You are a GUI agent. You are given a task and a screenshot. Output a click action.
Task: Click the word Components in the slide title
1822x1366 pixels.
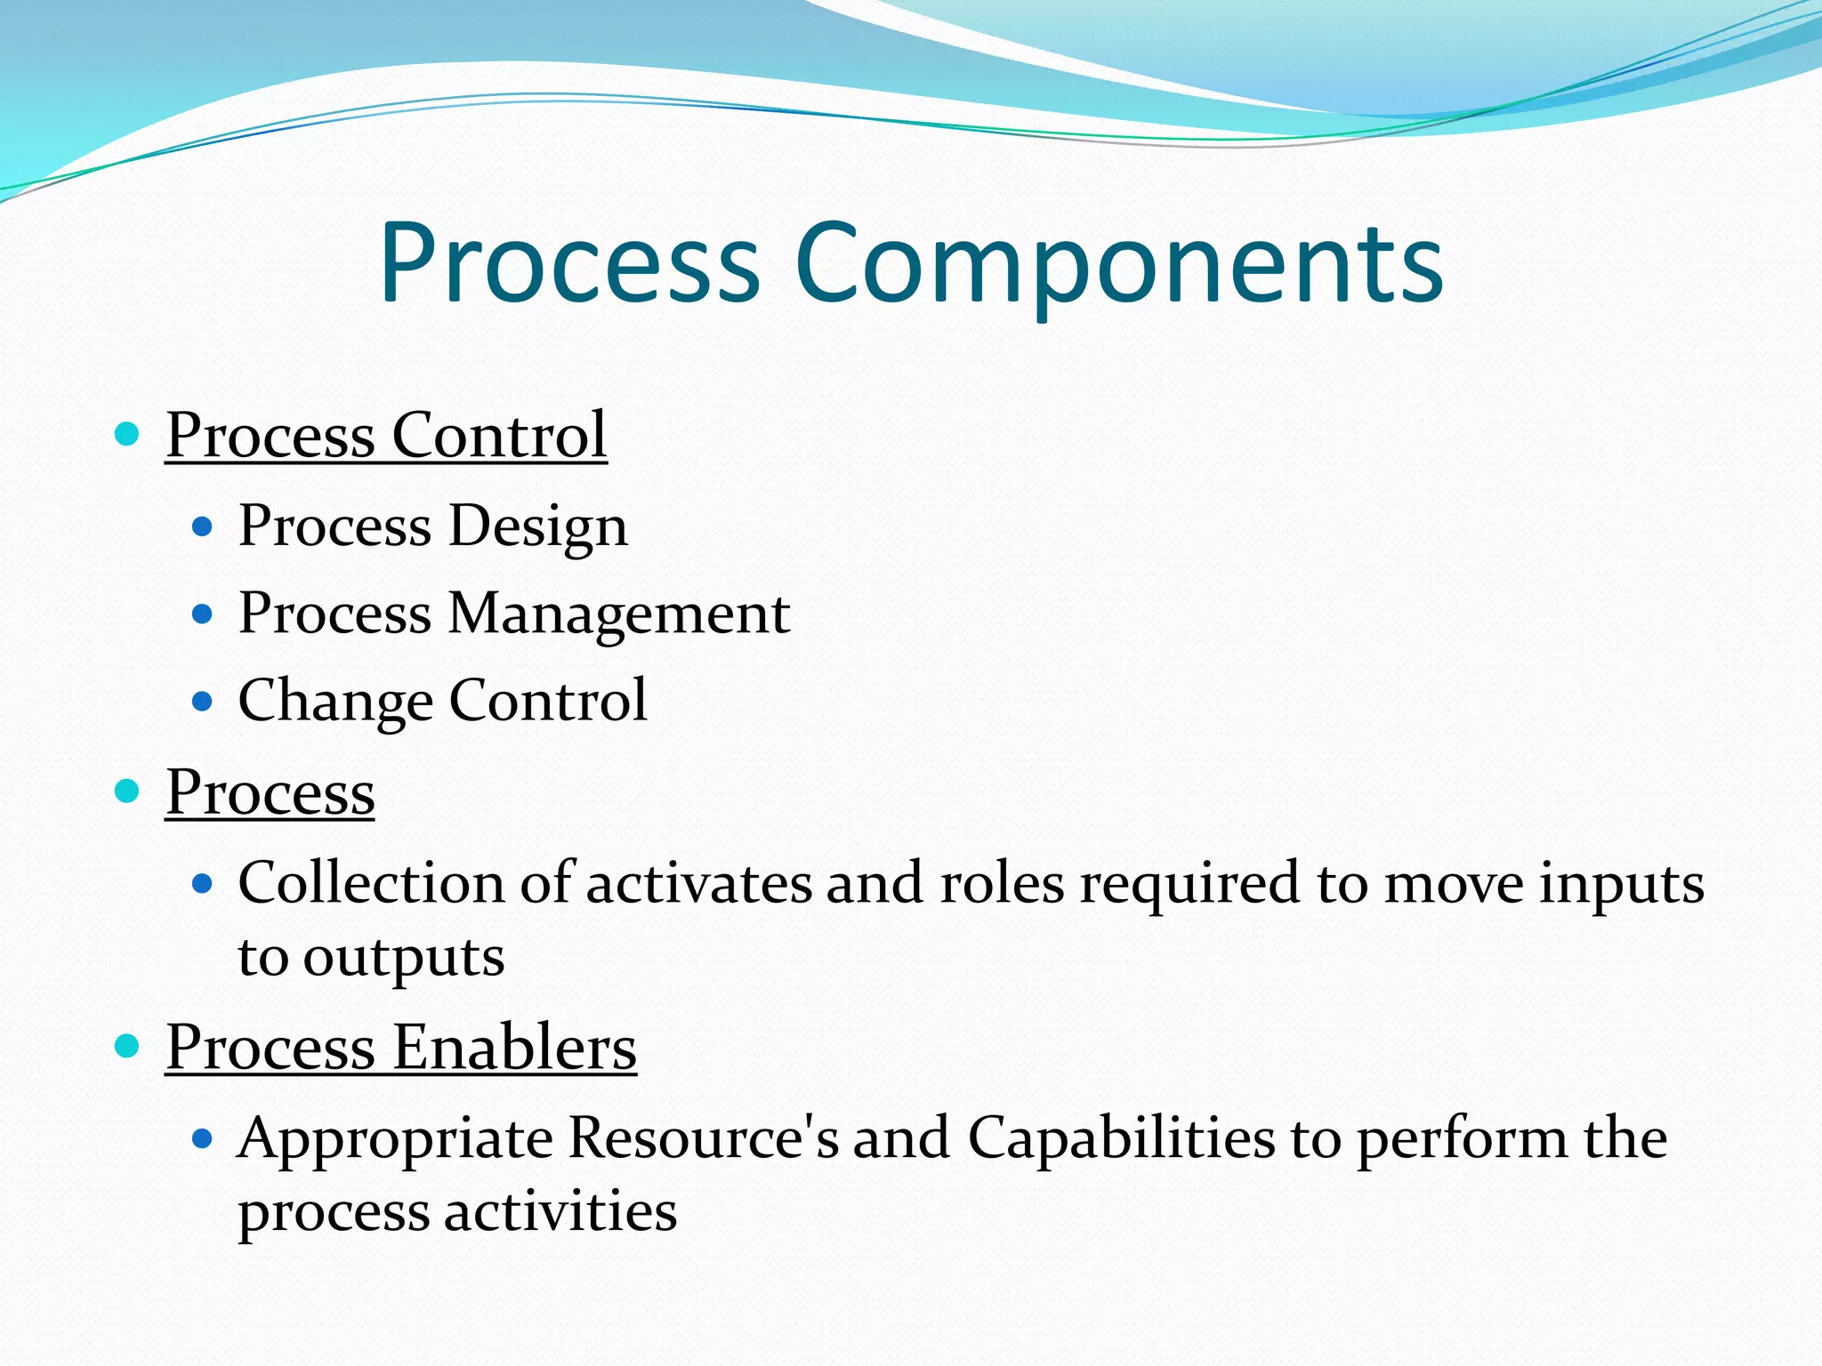click(1118, 263)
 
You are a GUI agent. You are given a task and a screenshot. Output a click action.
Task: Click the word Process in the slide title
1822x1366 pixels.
click(569, 263)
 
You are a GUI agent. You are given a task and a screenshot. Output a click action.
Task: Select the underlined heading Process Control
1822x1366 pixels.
click(386, 435)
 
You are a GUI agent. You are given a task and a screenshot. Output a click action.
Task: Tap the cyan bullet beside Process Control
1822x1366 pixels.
click(128, 434)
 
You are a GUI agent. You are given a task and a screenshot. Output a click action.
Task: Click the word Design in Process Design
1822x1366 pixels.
click(538, 526)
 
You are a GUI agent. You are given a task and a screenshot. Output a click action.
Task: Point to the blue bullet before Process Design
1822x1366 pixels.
click(203, 526)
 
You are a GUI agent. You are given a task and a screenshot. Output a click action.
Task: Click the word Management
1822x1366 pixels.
click(618, 614)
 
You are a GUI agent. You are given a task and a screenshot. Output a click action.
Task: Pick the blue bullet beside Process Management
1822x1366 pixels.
click(203, 614)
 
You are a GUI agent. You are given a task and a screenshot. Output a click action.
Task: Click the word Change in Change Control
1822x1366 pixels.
click(335, 701)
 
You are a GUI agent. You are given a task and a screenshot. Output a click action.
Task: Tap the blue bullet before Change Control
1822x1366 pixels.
click(203, 701)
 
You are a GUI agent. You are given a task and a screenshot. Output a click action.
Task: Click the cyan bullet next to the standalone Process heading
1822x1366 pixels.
click(128, 791)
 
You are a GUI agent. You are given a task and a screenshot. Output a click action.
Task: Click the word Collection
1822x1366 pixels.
click(372, 883)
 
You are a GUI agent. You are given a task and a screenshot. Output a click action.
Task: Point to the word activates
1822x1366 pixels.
click(698, 883)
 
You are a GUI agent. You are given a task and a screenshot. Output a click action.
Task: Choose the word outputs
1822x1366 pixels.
click(404, 958)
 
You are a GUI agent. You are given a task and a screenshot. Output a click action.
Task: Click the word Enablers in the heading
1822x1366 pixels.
click(514, 1047)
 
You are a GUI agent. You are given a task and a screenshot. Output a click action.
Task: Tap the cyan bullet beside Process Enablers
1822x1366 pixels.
click(128, 1046)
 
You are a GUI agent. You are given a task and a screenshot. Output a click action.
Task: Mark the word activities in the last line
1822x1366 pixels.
click(560, 1211)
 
